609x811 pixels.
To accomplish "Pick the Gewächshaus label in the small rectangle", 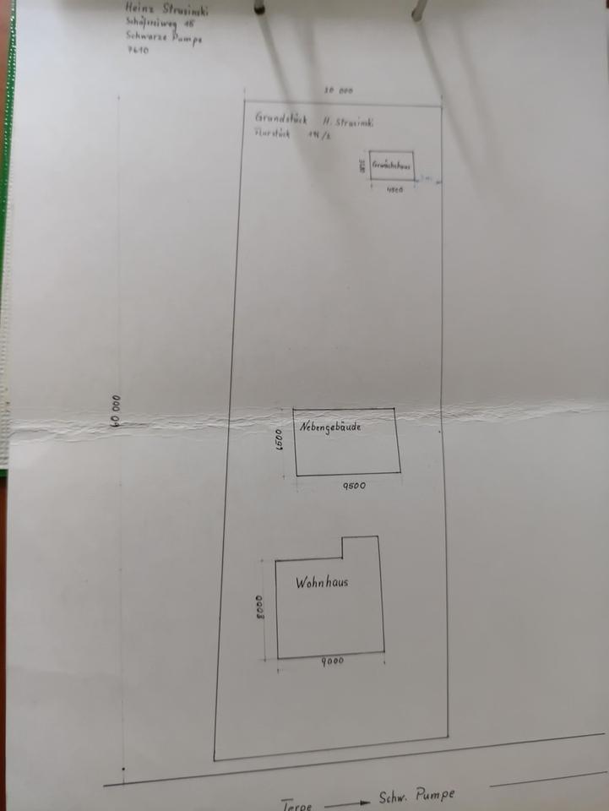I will point(391,166).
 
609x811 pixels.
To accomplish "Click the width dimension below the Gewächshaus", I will point(394,190).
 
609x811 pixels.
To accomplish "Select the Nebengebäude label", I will point(330,427).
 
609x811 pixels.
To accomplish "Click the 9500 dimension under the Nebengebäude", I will point(354,487).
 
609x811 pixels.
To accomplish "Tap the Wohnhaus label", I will point(322,582).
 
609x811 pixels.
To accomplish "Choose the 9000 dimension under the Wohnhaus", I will point(332,661).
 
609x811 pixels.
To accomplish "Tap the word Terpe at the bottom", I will point(297,806).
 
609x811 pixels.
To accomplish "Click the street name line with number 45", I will point(160,23).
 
